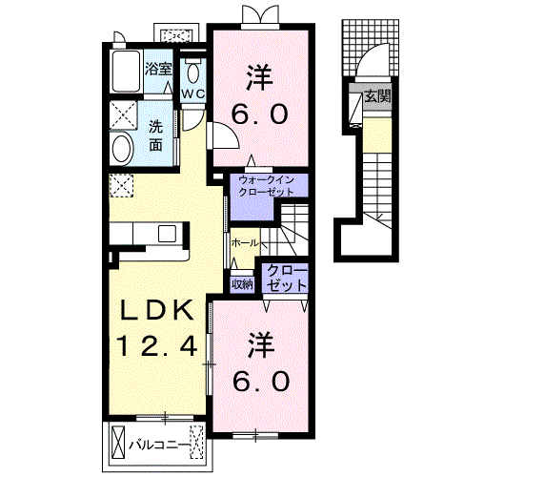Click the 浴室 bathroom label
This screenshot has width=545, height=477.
[x=158, y=69]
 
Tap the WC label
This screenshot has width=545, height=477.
[x=193, y=93]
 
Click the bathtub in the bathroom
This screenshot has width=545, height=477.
[x=126, y=72]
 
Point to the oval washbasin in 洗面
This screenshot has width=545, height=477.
[x=121, y=149]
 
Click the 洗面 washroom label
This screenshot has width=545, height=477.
[x=155, y=135]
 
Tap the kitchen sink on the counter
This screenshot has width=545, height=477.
[x=167, y=234]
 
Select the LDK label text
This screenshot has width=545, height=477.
[x=157, y=311]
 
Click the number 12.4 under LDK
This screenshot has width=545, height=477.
[x=157, y=346]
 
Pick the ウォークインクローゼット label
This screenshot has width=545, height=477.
[x=266, y=186]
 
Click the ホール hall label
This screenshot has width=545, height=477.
[x=245, y=242]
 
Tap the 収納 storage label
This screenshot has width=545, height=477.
[x=242, y=284]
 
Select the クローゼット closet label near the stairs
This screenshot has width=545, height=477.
[x=287, y=278]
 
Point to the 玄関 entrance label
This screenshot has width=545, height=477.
[x=377, y=96]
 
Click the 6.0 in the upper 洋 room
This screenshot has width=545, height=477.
[x=260, y=114]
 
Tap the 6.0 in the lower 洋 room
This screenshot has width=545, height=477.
[x=261, y=381]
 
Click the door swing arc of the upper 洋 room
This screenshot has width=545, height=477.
[x=232, y=131]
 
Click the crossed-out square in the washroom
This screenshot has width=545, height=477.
[x=124, y=114]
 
